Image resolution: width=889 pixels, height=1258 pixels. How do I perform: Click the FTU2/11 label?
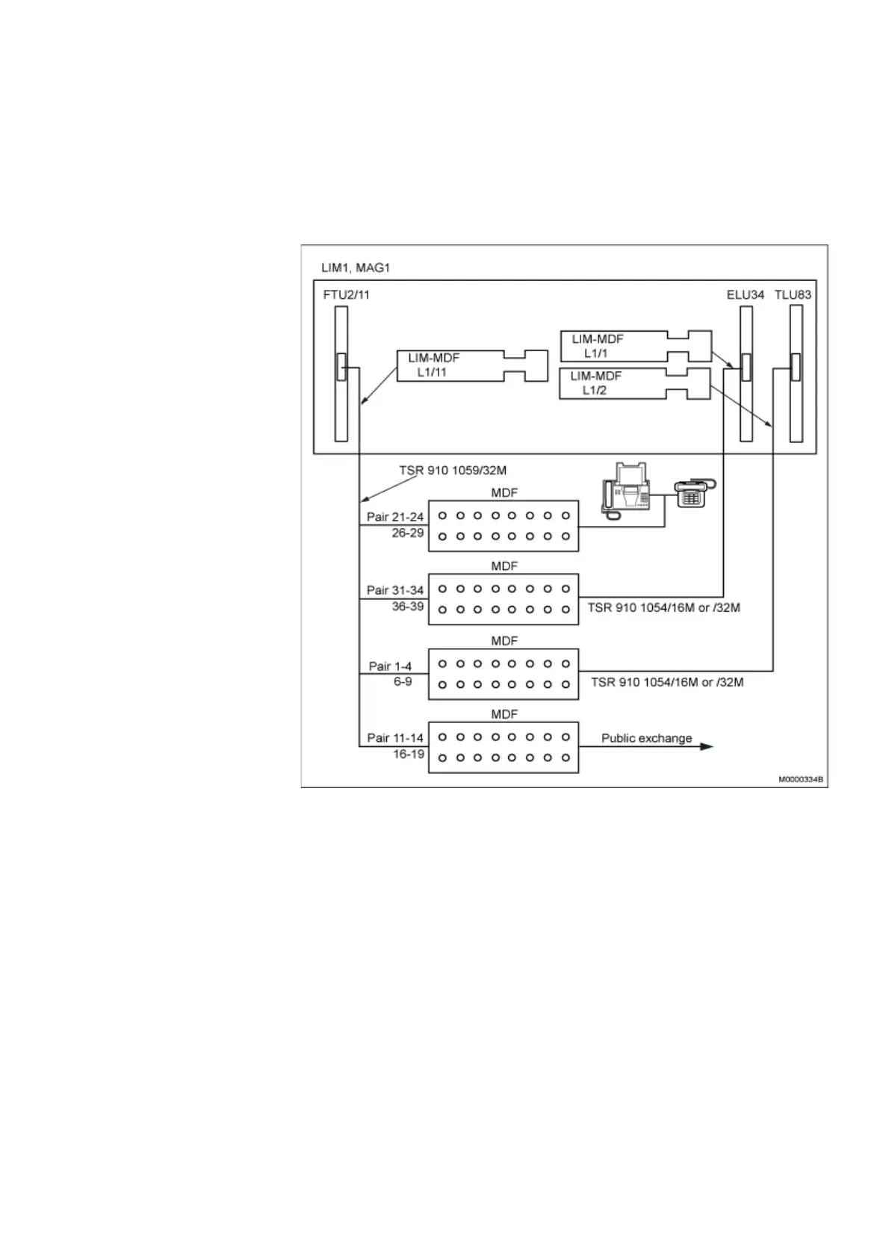click(346, 294)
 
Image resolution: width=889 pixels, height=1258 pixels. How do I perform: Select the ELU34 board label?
click(745, 294)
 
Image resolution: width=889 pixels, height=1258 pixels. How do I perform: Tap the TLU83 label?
click(793, 294)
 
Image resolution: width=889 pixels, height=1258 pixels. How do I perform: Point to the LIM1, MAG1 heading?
click(356, 267)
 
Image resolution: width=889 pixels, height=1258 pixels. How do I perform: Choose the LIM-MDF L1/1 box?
click(613, 347)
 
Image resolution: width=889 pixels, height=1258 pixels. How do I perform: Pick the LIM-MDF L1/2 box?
click(613, 383)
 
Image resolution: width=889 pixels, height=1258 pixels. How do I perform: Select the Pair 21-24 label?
click(395, 517)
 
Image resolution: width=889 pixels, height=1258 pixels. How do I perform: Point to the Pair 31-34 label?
click(395, 590)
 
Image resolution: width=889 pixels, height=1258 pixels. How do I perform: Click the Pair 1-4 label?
click(390, 666)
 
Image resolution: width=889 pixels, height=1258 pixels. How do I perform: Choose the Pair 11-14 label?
click(395, 738)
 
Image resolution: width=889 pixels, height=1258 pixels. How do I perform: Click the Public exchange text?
click(646, 738)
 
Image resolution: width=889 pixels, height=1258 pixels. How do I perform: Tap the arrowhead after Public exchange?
click(706, 746)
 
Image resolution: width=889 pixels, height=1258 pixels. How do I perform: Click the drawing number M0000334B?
click(800, 779)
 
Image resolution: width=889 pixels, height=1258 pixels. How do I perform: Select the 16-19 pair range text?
click(408, 755)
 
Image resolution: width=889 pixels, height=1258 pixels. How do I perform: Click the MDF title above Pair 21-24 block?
click(504, 493)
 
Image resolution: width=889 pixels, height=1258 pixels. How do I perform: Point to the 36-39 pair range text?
click(408, 607)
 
